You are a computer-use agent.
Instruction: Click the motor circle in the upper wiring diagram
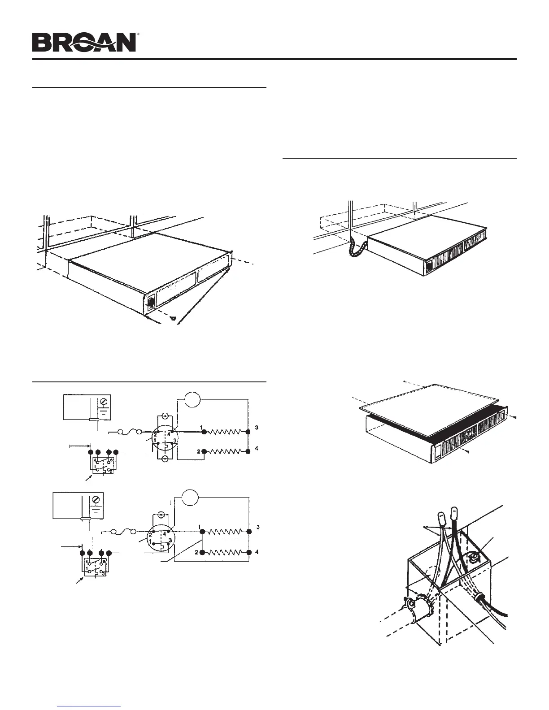coord(192,398)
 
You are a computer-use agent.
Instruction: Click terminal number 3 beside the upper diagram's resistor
coord(257,428)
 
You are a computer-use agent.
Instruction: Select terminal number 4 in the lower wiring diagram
coord(257,552)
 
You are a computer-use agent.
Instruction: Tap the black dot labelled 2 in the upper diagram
coord(204,451)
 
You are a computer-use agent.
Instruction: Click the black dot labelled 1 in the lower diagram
coord(202,532)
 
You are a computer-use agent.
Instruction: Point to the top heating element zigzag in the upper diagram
coord(226,432)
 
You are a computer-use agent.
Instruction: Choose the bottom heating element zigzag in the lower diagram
coord(226,552)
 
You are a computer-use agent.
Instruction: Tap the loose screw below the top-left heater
coord(174,318)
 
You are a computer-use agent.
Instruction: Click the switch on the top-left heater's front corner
coord(150,302)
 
